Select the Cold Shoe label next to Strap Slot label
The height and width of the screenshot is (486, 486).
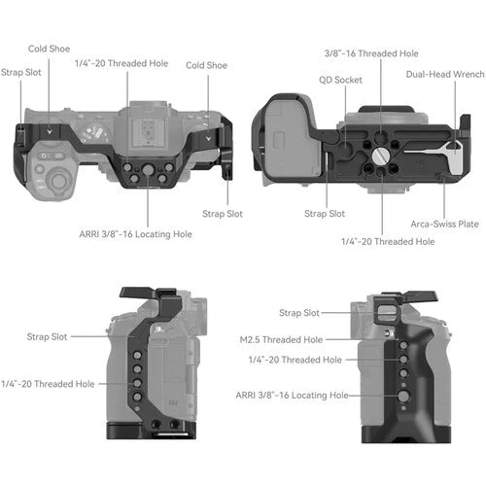click(49, 48)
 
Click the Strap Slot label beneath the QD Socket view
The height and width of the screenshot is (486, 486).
click(326, 213)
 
